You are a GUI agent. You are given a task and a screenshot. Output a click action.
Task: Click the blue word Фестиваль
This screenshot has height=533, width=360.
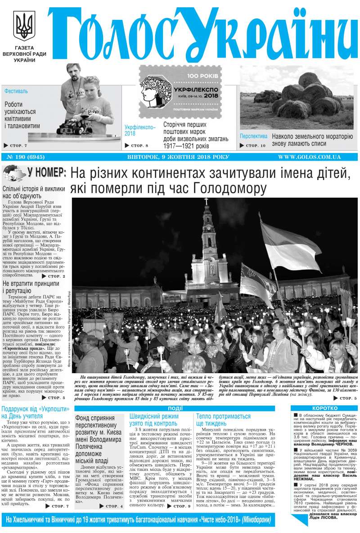coord(16,91)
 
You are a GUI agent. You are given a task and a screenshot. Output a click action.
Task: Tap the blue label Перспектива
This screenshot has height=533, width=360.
coord(254,136)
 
